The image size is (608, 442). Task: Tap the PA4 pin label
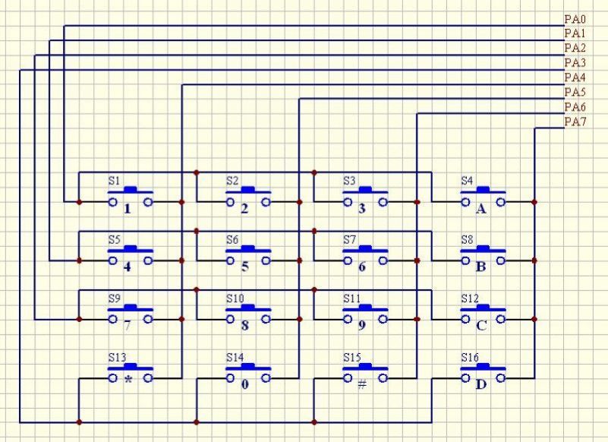[x=575, y=78]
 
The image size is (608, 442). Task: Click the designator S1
[x=114, y=181]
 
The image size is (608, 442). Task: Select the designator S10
[x=235, y=298]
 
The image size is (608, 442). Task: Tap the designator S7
[x=349, y=240]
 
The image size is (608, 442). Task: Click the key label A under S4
[x=480, y=210]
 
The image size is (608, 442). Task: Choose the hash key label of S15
[x=362, y=384]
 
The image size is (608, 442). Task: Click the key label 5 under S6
[x=244, y=267]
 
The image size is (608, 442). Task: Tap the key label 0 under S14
[x=244, y=384]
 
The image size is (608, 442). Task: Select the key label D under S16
[x=480, y=384]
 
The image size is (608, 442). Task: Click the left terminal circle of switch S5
[x=112, y=260]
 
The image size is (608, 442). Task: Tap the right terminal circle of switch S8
[x=501, y=260]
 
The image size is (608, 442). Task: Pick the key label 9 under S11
[x=362, y=326]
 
